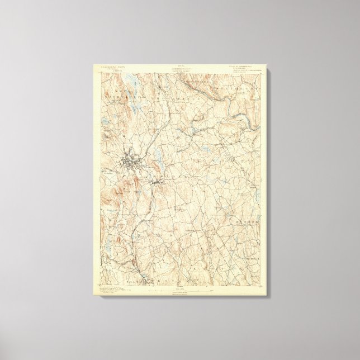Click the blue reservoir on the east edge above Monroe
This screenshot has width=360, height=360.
pos(258,190)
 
